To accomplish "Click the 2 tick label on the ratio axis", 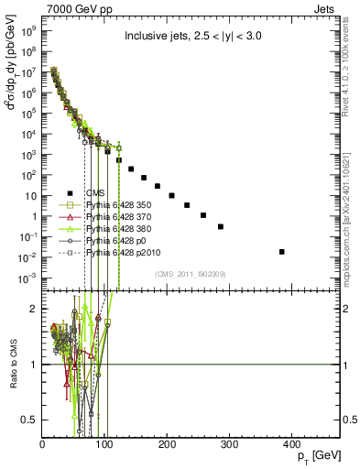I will [35, 309].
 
